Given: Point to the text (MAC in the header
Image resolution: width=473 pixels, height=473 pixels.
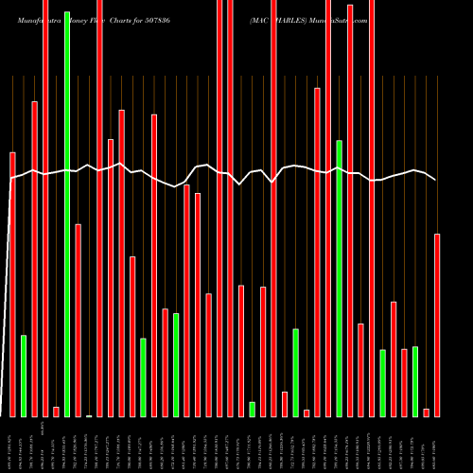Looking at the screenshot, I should click(261, 18).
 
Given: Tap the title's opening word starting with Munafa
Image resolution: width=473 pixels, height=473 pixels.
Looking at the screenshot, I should click(28, 18).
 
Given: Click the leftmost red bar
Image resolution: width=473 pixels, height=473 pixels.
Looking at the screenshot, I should click(12, 284).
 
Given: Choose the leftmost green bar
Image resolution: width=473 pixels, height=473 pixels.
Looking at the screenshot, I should click(24, 376).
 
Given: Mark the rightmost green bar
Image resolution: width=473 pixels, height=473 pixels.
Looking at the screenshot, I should click(415, 381).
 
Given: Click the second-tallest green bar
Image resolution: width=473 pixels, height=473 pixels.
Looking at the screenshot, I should click(339, 278).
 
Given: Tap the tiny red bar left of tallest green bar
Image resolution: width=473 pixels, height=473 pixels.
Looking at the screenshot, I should click(56, 412).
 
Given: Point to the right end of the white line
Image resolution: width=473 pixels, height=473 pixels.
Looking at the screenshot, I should click(436, 180).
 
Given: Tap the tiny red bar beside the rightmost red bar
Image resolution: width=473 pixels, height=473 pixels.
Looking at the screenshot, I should click(427, 412).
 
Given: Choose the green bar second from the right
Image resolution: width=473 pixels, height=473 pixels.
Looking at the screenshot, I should click(382, 383).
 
